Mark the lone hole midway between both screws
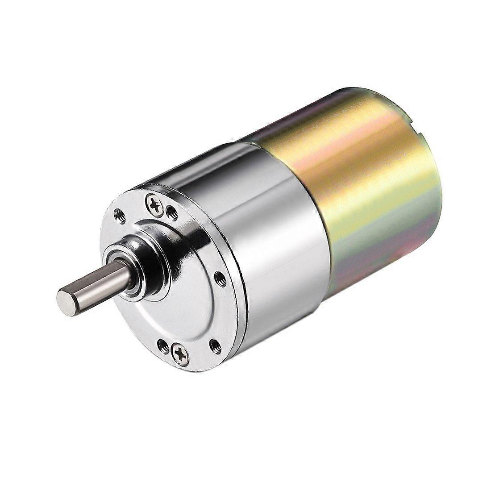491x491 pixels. (219, 278)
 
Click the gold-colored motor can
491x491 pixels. (366, 192)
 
